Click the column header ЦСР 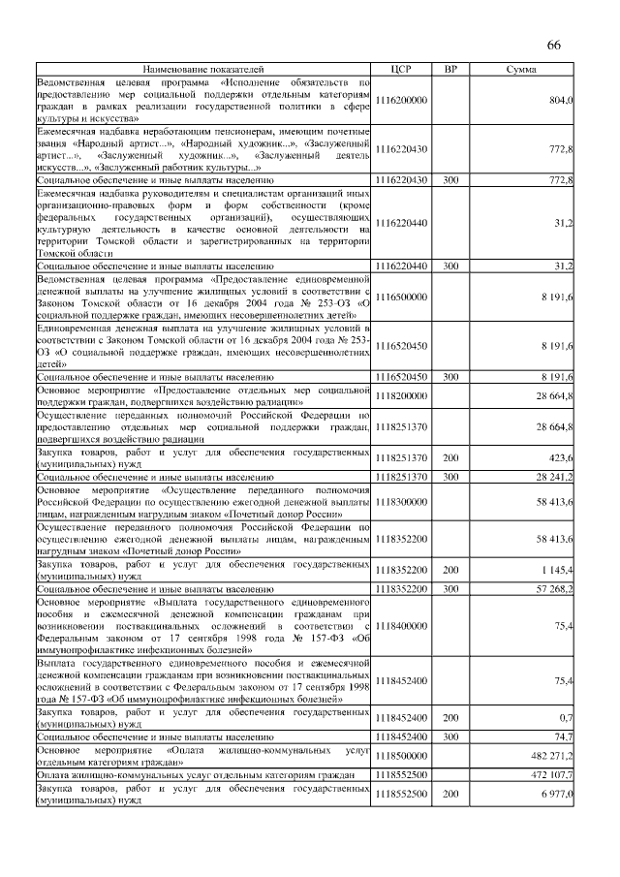point(401,70)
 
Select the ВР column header point(450,70)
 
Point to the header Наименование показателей point(203,70)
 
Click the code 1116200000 point(401,100)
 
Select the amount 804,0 point(562,100)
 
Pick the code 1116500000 point(401,297)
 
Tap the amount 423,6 point(562,458)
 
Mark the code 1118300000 point(401,502)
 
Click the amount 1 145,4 point(558,570)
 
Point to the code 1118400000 point(401,626)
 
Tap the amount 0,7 point(567,718)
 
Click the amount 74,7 point(564,736)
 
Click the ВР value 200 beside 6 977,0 point(450,794)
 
